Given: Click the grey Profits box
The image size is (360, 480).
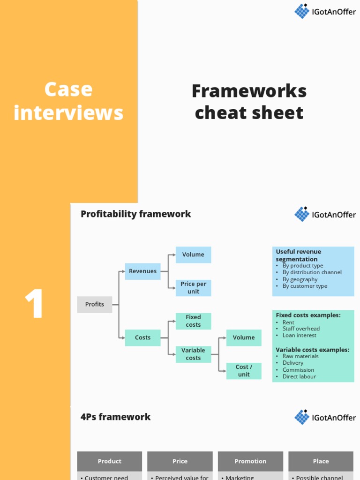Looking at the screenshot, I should pos(95,305).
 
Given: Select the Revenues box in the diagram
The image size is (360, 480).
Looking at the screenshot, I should pos(142,271).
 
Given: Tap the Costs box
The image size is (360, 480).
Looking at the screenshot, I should pos(142,337).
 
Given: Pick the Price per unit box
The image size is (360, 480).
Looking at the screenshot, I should pos(193,288).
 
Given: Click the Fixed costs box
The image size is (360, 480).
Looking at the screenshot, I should pos(193,321).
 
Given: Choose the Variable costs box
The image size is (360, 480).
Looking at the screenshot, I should pos(193,354).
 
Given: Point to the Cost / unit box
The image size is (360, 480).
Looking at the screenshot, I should pos(244,371).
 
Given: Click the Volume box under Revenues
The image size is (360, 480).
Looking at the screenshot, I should pos(193,255).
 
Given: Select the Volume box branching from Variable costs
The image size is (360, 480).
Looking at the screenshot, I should pos(244,337).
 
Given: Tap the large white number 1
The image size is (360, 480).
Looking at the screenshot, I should pos(35,305).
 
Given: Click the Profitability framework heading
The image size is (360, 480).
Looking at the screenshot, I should pos(135,214).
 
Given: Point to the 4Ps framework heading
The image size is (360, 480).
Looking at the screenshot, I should pos(115,417).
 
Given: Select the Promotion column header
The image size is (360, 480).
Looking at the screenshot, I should pos(250,461).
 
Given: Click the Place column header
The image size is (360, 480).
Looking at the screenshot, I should pos(321,461).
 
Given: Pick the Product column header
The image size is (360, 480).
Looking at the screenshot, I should pos(109,461).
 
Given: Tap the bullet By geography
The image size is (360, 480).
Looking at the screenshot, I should pos(300,279).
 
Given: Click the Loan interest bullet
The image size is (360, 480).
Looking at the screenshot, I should pos(299,336).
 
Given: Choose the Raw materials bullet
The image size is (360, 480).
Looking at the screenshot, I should pos(300,356).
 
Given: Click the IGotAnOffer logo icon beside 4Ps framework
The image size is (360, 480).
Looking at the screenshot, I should pos(302,417).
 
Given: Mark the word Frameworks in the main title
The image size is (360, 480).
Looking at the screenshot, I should pos(249,91).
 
